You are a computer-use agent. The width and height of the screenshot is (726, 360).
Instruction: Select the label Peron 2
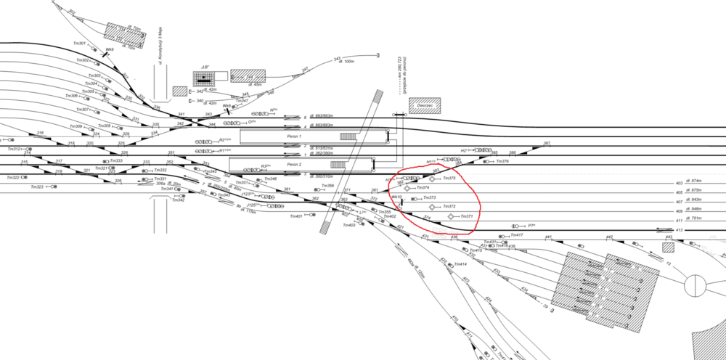293,165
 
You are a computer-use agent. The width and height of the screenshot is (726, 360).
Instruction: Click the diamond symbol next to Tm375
432,179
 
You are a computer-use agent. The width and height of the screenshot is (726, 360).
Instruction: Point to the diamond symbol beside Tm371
451,217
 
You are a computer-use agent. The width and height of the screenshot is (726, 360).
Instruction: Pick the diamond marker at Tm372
434,207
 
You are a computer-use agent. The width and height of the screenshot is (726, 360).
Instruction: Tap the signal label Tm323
37,187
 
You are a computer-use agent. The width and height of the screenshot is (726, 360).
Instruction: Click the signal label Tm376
502,161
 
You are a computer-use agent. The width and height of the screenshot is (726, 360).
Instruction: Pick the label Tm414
459,264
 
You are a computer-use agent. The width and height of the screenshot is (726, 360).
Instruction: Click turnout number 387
547,143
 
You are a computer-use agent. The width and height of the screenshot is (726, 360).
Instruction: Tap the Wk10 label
396,197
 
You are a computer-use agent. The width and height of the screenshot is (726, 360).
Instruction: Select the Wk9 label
109,50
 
